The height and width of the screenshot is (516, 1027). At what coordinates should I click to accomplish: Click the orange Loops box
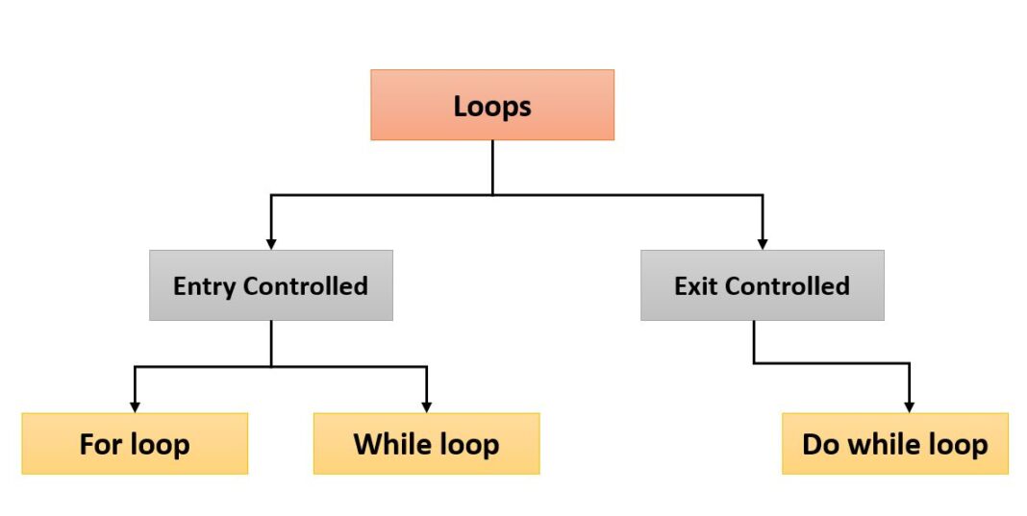pyautogui.click(x=491, y=105)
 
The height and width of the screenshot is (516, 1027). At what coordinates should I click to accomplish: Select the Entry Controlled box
pyautogui.click(x=270, y=285)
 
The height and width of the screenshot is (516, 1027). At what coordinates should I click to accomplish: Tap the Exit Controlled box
pyautogui.click(x=762, y=285)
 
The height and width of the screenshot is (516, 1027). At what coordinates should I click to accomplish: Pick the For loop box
pyautogui.click(x=134, y=444)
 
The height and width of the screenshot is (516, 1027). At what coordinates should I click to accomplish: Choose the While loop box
pyautogui.click(x=426, y=444)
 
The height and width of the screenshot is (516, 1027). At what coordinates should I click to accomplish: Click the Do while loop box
pyautogui.click(x=894, y=444)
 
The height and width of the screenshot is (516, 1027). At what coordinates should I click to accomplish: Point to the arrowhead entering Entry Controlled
pyautogui.click(x=271, y=243)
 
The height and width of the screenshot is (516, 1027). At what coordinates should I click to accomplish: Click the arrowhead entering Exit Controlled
pyautogui.click(x=763, y=243)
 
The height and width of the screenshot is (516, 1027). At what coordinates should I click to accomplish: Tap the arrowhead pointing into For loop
pyautogui.click(x=135, y=406)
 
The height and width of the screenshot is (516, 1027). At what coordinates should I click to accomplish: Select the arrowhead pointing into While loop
pyautogui.click(x=427, y=406)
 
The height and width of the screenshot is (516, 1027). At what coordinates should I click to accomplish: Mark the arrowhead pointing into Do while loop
pyautogui.click(x=909, y=406)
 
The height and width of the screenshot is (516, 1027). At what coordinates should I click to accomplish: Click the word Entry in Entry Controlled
pyautogui.click(x=205, y=286)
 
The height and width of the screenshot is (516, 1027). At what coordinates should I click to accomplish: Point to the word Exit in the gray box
pyautogui.click(x=696, y=286)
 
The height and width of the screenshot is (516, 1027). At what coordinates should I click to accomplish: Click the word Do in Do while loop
pyautogui.click(x=819, y=445)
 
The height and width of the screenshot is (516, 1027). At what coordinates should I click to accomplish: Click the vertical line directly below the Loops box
pyautogui.click(x=492, y=167)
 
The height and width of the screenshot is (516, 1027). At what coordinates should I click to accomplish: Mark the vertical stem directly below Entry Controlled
pyautogui.click(x=271, y=343)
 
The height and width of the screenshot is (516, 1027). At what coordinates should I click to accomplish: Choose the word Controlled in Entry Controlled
pyautogui.click(x=306, y=286)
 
